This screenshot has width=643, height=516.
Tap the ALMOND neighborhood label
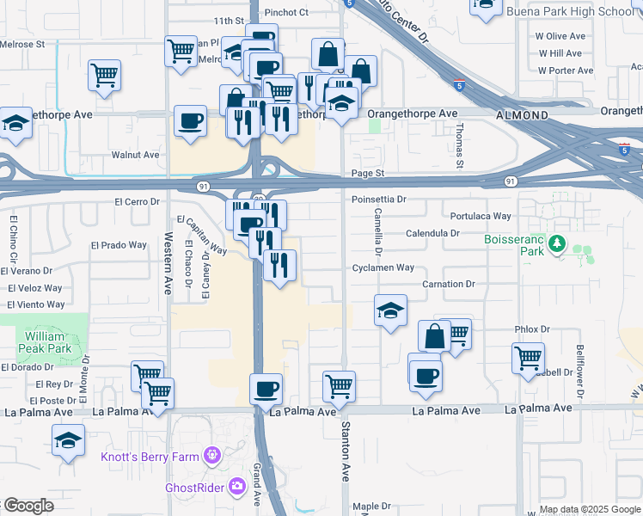tap(522, 114)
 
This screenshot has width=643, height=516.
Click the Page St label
tap(366, 173)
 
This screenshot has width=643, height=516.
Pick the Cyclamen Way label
tap(383, 268)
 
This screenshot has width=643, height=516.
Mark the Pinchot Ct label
tap(286, 13)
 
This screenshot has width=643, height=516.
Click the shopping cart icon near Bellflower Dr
tap(528, 355)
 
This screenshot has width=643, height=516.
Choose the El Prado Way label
tap(119, 245)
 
